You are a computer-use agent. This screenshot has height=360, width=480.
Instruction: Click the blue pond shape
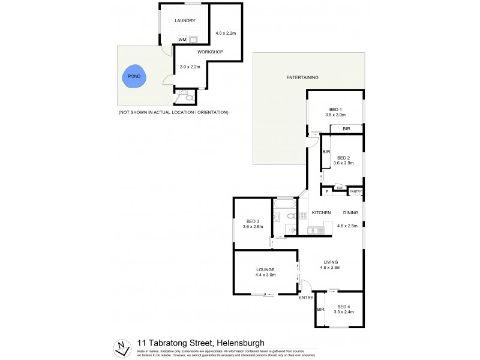[x=134, y=76]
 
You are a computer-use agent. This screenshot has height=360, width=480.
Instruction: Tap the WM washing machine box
[x=182, y=40]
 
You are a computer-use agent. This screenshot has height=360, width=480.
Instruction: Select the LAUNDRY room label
[x=185, y=21]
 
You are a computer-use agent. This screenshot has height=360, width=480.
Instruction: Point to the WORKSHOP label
[x=210, y=52]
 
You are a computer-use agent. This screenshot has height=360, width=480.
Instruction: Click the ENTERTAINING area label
[x=302, y=77]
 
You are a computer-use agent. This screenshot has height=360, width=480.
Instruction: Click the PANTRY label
[x=356, y=191]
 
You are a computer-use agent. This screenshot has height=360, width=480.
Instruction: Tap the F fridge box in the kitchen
[x=326, y=192]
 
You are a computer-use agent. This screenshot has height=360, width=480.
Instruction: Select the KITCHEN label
[x=321, y=213]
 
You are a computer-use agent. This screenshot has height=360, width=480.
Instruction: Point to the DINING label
[x=350, y=213]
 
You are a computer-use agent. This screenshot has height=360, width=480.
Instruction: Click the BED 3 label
[x=252, y=221]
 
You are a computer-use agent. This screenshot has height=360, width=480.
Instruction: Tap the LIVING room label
[x=331, y=262]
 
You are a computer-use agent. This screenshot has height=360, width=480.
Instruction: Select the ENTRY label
[x=306, y=298]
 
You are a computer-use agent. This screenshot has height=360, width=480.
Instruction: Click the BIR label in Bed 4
[x=320, y=309]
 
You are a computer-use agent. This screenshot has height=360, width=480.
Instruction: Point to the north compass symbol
[x=122, y=346]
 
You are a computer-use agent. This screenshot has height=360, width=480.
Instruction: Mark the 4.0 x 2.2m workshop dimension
[x=225, y=33]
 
